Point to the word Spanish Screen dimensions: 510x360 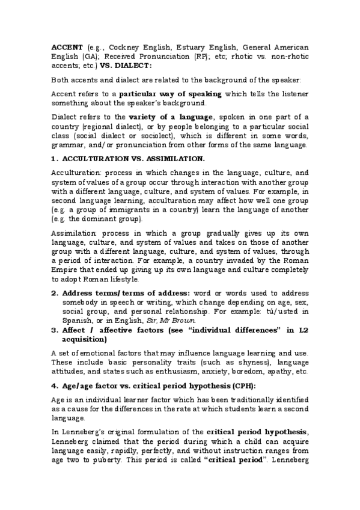click(77, 321)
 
